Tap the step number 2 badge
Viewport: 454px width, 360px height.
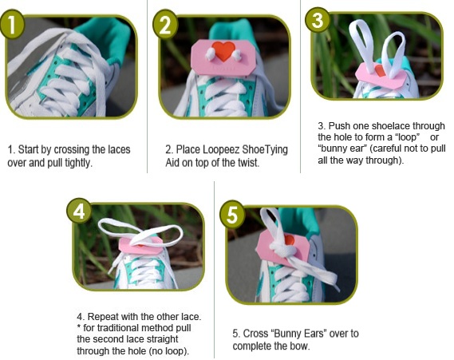point(167,24)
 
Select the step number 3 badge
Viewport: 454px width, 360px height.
point(319,21)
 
